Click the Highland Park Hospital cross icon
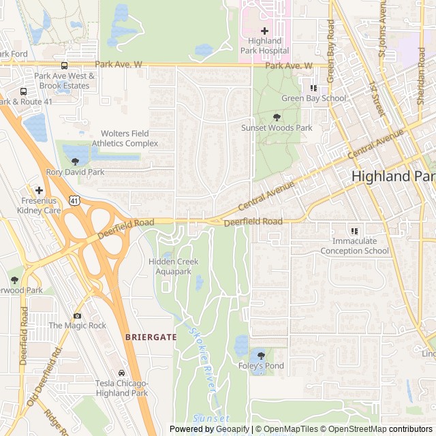(x=265, y=31)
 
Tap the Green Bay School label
(x=313, y=98)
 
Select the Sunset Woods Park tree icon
(x=276, y=117)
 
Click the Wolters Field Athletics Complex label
(x=129, y=138)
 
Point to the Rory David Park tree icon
(x=75, y=161)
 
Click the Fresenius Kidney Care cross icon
(x=40, y=190)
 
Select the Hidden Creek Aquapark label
(x=174, y=266)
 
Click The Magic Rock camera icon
(x=77, y=315)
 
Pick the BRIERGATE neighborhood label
(x=151, y=337)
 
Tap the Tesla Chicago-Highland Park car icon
(x=121, y=373)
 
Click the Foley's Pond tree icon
(x=260, y=355)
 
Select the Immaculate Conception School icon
(x=354, y=231)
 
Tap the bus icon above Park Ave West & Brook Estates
(x=64, y=66)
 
